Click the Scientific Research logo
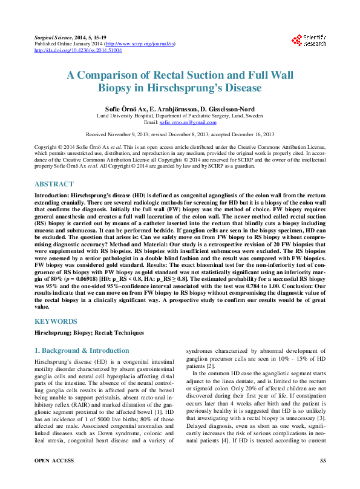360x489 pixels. point(309,41)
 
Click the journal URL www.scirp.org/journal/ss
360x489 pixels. point(140,44)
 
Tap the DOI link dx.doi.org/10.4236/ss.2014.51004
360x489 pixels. point(77,50)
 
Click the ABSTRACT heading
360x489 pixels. point(54,184)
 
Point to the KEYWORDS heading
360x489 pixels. point(55,321)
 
